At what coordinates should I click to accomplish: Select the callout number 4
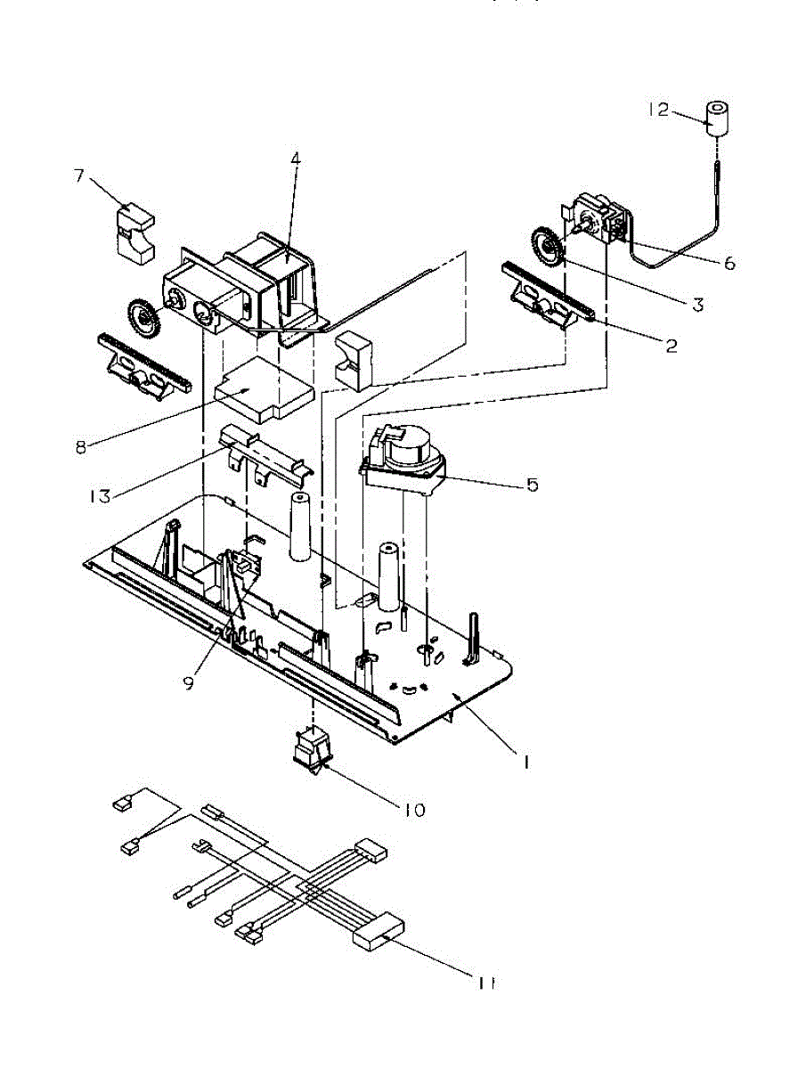[296, 159]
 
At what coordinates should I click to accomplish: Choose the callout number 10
[414, 810]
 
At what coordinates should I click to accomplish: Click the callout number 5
[532, 485]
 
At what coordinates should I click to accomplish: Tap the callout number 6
[729, 264]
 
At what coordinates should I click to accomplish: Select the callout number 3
[697, 305]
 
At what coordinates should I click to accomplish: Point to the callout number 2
[671, 347]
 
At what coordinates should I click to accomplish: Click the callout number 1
[526, 763]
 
